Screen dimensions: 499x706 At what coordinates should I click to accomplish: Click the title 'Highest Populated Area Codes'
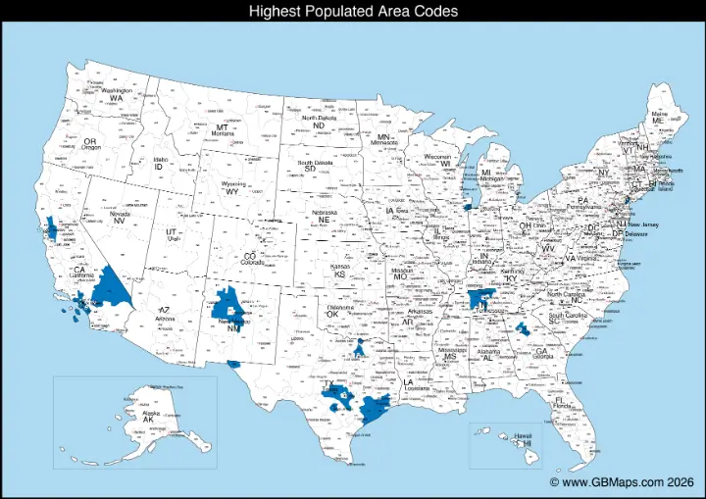353,11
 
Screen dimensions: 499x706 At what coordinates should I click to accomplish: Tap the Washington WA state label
117,94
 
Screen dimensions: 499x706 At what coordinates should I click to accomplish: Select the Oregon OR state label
90,144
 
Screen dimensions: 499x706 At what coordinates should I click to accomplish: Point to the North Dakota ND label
318,123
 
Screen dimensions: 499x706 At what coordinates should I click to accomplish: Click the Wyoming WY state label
232,188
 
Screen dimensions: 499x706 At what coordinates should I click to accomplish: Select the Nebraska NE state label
324,217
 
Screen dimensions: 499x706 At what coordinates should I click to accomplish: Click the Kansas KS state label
340,272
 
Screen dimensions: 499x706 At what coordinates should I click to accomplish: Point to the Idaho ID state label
159,164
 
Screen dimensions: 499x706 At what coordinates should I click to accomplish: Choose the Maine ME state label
660,118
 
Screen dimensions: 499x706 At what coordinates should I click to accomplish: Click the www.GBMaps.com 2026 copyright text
622,482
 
